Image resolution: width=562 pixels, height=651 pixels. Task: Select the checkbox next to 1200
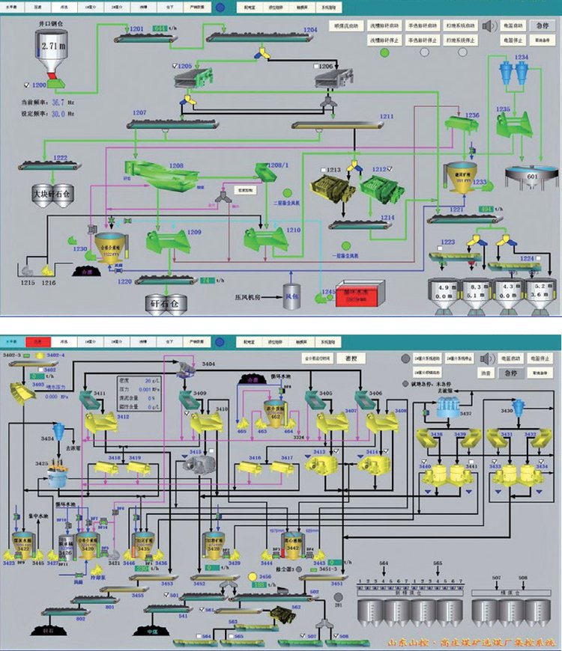click(x=27, y=85)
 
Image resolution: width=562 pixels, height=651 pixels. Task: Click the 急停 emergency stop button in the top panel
click(x=540, y=25)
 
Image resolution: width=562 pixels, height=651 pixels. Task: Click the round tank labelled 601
click(x=532, y=175)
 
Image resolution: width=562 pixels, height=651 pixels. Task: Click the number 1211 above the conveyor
click(x=387, y=117)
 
